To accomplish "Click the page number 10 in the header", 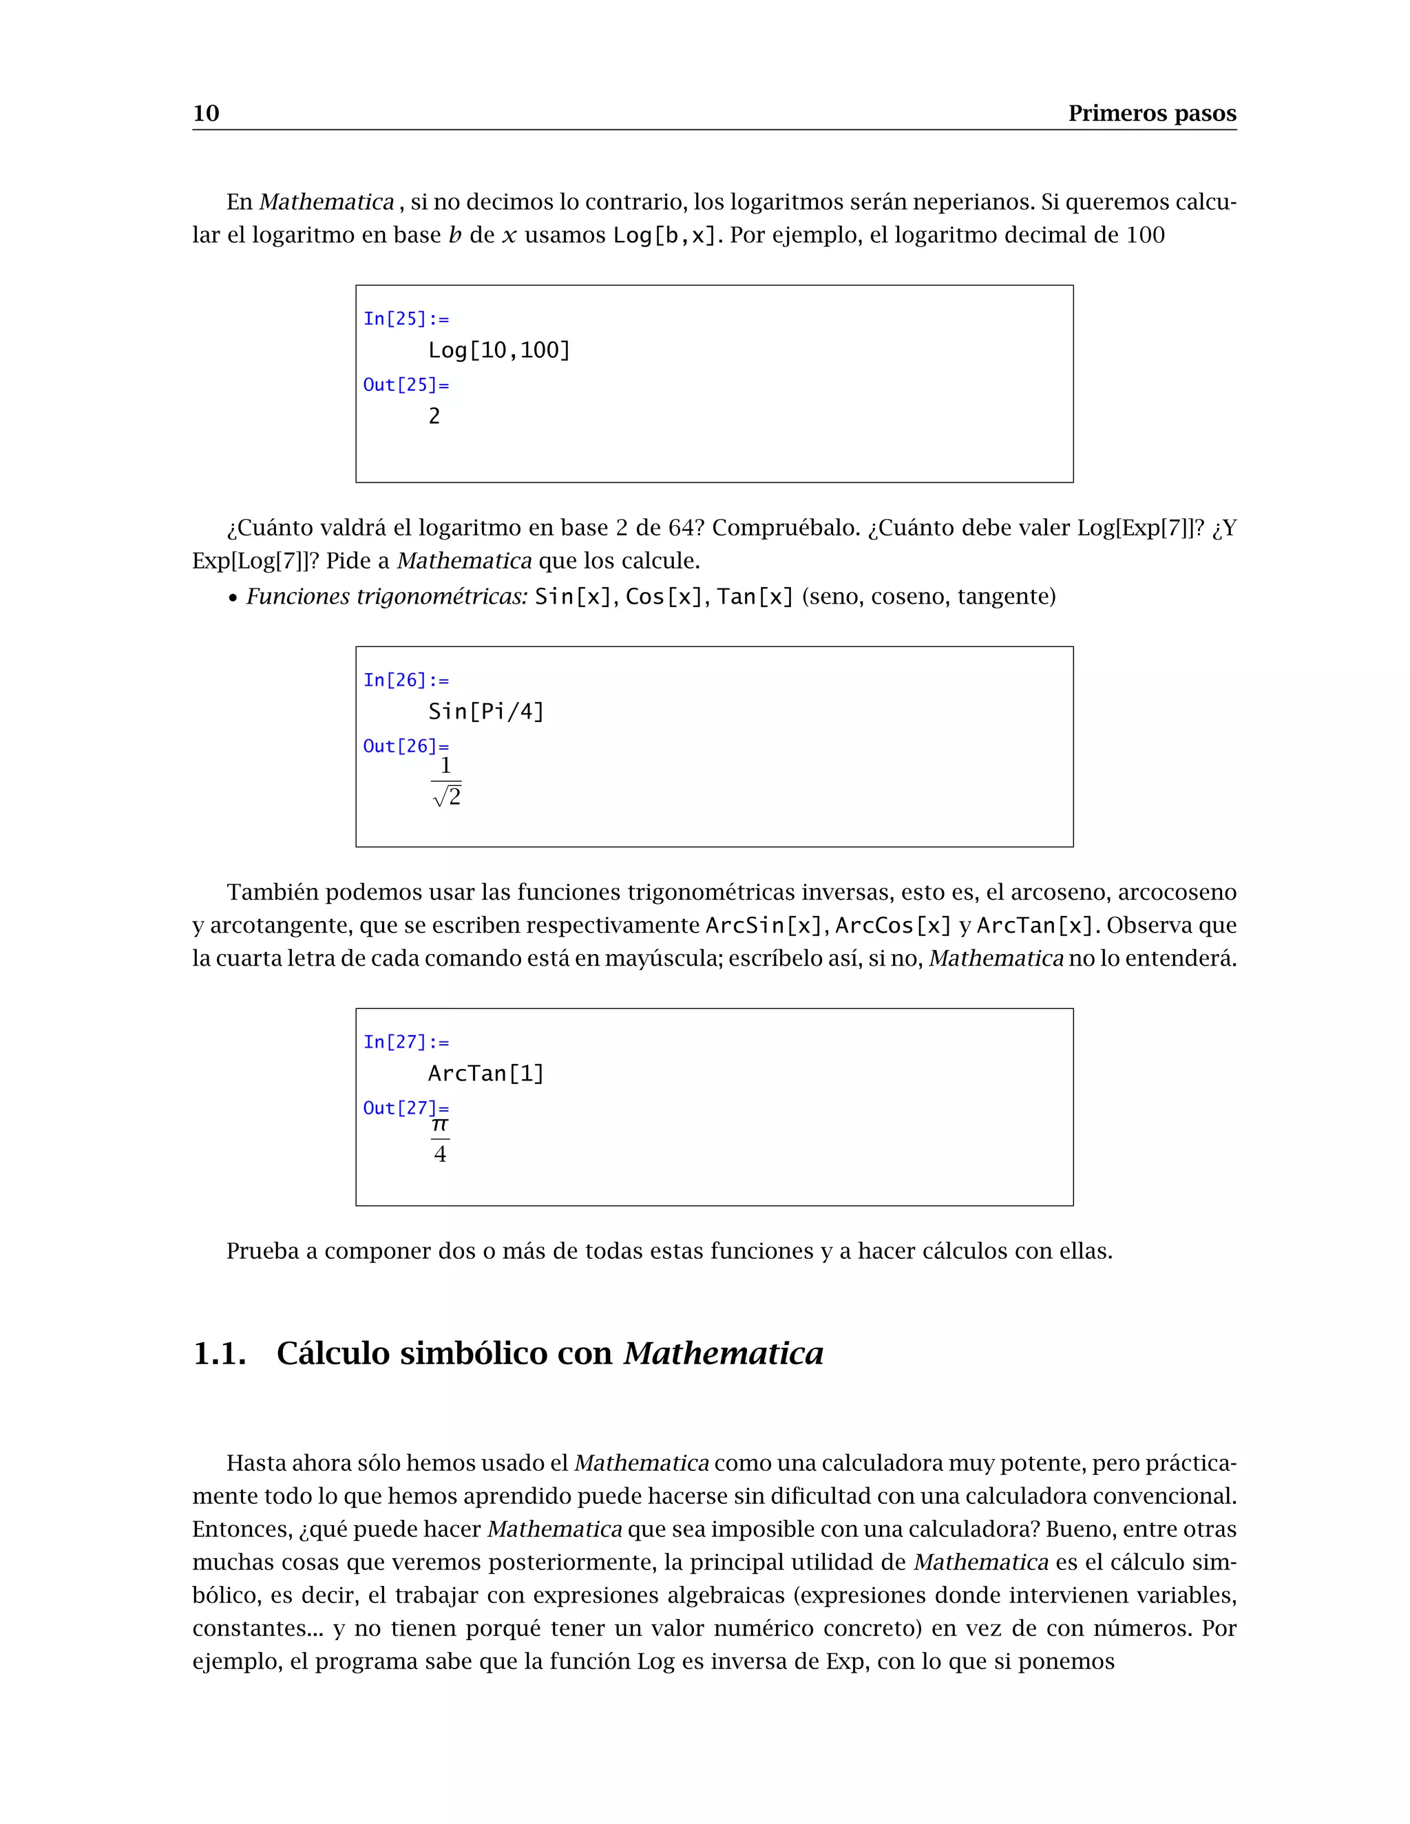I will tap(205, 113).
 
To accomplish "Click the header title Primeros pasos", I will tap(1152, 113).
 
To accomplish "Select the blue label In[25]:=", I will tap(406, 319).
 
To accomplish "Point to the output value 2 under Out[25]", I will tap(434, 416).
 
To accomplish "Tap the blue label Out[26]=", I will tap(406, 746).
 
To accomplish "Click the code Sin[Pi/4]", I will tap(486, 712).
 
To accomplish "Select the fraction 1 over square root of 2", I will tap(447, 783).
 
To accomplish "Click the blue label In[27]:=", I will tap(406, 1042).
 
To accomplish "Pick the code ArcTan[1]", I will tap(486, 1073).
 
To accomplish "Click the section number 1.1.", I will tap(220, 1354).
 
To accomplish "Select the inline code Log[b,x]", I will tap(665, 235).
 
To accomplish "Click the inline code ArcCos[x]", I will tap(893, 925).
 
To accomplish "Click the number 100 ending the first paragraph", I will tap(1144, 235).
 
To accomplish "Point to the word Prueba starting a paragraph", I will tap(262, 1251).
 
